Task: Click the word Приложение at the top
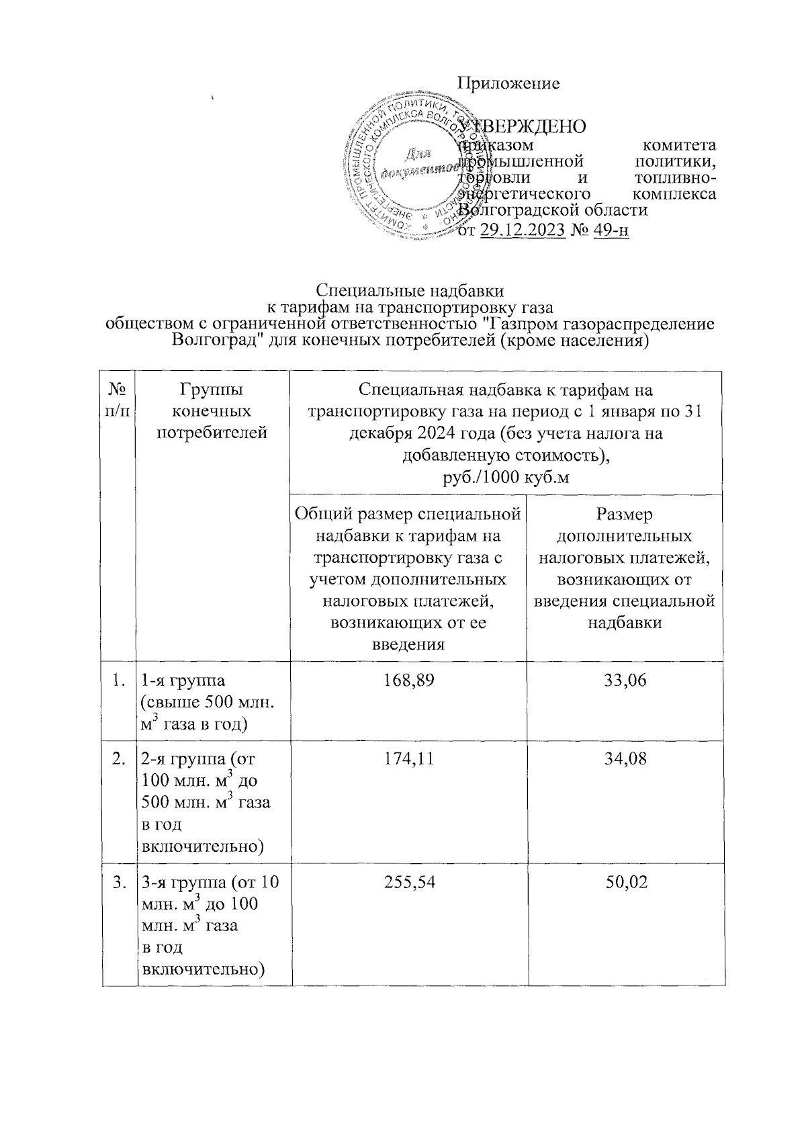pyautogui.click(x=508, y=83)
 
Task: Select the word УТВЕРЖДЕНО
pyautogui.click(x=522, y=127)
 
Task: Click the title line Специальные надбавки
pyautogui.click(x=410, y=292)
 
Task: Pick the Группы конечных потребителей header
pyautogui.click(x=212, y=410)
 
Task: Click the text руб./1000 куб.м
pyautogui.click(x=506, y=478)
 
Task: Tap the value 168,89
pyautogui.click(x=408, y=681)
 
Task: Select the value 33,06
pyautogui.click(x=625, y=681)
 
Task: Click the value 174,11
pyautogui.click(x=408, y=759)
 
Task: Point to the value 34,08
pyautogui.click(x=625, y=759)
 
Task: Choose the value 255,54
pyautogui.click(x=408, y=882)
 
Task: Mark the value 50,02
pyautogui.click(x=625, y=882)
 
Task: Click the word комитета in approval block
pyautogui.click(x=678, y=144)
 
